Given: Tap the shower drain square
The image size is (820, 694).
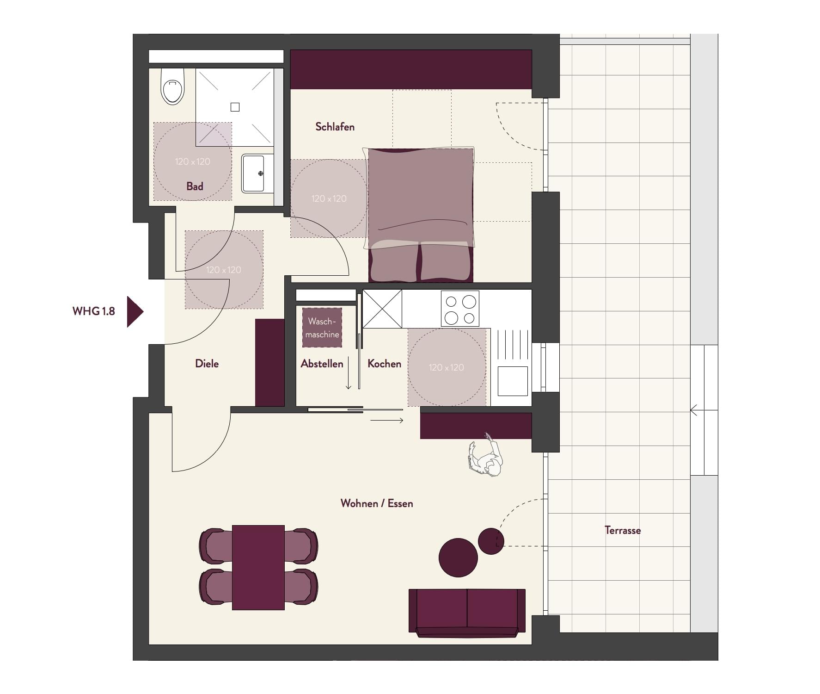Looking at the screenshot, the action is (x=235, y=107).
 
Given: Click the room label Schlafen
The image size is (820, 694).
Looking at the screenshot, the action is (x=335, y=127).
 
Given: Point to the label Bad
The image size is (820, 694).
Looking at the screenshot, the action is (x=195, y=186).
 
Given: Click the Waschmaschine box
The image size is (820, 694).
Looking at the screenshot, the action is (x=322, y=328).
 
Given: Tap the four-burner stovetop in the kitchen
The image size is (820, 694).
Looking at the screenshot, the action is (x=460, y=309).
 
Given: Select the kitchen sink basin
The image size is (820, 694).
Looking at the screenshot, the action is (x=513, y=381).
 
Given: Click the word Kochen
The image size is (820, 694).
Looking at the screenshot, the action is (x=384, y=364).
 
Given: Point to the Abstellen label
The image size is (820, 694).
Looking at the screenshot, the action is (x=322, y=364).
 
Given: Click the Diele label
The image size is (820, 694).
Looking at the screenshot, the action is (x=207, y=364).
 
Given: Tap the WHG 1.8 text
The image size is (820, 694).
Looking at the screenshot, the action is (x=93, y=311).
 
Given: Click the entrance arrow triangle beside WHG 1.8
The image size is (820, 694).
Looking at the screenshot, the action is (x=135, y=312).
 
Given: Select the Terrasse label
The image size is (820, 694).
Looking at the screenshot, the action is (x=623, y=530).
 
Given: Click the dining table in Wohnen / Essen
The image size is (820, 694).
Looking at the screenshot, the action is (x=258, y=567).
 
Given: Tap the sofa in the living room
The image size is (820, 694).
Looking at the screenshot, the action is (x=467, y=613).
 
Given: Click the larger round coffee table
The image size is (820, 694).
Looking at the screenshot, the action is (x=458, y=558).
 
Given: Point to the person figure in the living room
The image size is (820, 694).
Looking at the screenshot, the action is (x=485, y=458).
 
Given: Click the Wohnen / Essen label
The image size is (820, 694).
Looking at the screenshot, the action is (x=377, y=503).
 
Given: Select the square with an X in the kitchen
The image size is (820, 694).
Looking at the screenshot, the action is (x=382, y=309).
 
